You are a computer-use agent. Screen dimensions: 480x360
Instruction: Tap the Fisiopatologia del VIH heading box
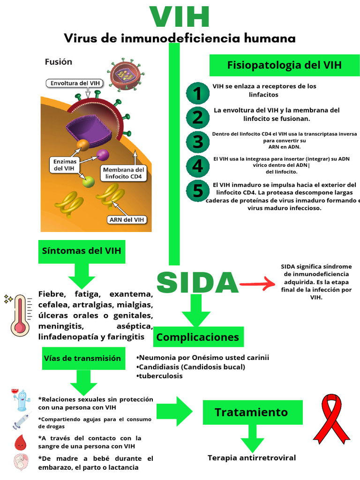[x=284, y=65]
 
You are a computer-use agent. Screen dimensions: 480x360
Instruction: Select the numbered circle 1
[x=198, y=93]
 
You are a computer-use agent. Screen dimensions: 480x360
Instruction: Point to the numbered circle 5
[x=198, y=191]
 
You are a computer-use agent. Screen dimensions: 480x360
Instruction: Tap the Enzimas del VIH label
[x=65, y=165]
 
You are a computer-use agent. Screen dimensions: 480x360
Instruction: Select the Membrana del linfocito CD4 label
[x=124, y=173]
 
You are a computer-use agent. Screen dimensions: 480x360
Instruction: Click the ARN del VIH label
[x=127, y=219]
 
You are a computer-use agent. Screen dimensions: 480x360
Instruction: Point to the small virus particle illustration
[x=125, y=74]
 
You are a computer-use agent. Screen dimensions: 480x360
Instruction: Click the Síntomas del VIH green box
[x=82, y=251]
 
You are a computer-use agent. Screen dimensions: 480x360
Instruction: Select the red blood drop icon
[x=20, y=441]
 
